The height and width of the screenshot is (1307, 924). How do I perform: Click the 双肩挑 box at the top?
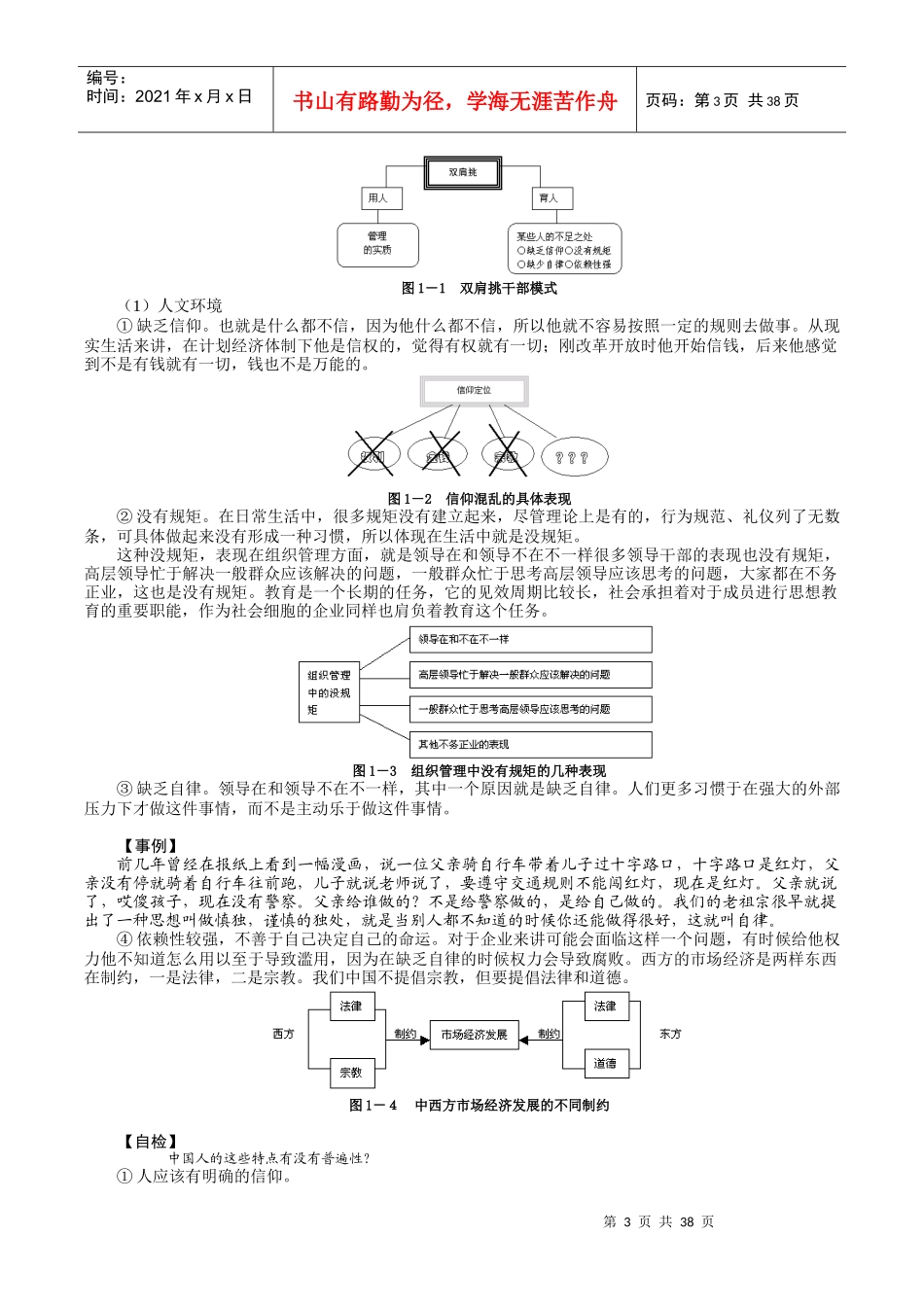(463, 173)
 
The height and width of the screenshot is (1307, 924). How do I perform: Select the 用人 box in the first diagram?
(377, 198)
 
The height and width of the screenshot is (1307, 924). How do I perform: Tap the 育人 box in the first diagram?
(549, 198)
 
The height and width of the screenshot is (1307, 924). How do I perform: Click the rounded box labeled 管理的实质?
(377, 243)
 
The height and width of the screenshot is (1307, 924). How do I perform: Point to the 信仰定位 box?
(474, 391)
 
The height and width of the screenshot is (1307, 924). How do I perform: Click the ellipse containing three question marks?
(572, 457)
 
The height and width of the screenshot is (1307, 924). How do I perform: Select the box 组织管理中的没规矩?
(329, 692)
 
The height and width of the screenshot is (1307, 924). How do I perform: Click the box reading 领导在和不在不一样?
(530, 640)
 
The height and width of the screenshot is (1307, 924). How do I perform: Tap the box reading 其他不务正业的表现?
(530, 745)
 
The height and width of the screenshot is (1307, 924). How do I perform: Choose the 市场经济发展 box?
(474, 1035)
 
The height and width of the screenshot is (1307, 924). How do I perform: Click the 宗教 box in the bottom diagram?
(351, 1073)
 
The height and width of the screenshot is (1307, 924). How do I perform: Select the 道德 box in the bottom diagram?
(605, 1063)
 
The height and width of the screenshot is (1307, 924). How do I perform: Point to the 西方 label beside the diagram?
(283, 1034)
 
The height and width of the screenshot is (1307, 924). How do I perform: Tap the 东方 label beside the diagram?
(670, 1034)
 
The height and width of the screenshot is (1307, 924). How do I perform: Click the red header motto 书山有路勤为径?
(454, 100)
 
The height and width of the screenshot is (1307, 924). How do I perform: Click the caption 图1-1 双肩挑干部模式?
(479, 289)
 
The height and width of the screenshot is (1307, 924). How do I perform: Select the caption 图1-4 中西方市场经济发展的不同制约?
(479, 1106)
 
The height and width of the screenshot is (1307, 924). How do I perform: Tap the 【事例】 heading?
(149, 846)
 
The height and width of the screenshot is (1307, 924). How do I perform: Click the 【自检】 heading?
(149, 1142)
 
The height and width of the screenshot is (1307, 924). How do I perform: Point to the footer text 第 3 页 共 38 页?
(658, 1222)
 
